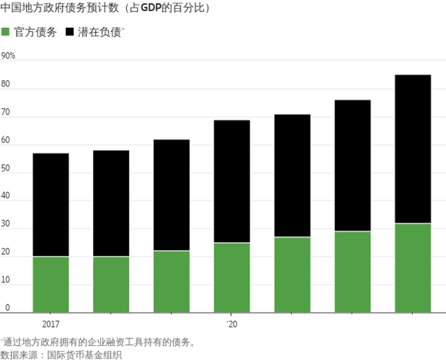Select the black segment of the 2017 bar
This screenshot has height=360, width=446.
(x=50, y=205)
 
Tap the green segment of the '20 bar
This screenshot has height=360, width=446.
(x=232, y=278)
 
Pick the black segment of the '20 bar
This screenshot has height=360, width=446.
(x=232, y=181)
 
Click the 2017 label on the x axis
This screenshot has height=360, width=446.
(x=50, y=324)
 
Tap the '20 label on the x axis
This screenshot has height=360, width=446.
(x=232, y=324)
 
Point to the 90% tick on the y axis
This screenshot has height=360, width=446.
(x=8, y=56)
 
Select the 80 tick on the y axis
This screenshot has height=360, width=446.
(x=6, y=84)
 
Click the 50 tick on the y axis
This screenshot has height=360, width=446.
(x=6, y=169)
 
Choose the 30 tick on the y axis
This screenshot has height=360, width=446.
(x=6, y=224)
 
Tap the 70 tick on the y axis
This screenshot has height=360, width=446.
(x=6, y=112)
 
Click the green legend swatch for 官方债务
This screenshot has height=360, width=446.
(x=6, y=31)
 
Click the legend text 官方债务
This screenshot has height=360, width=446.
(x=35, y=31)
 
